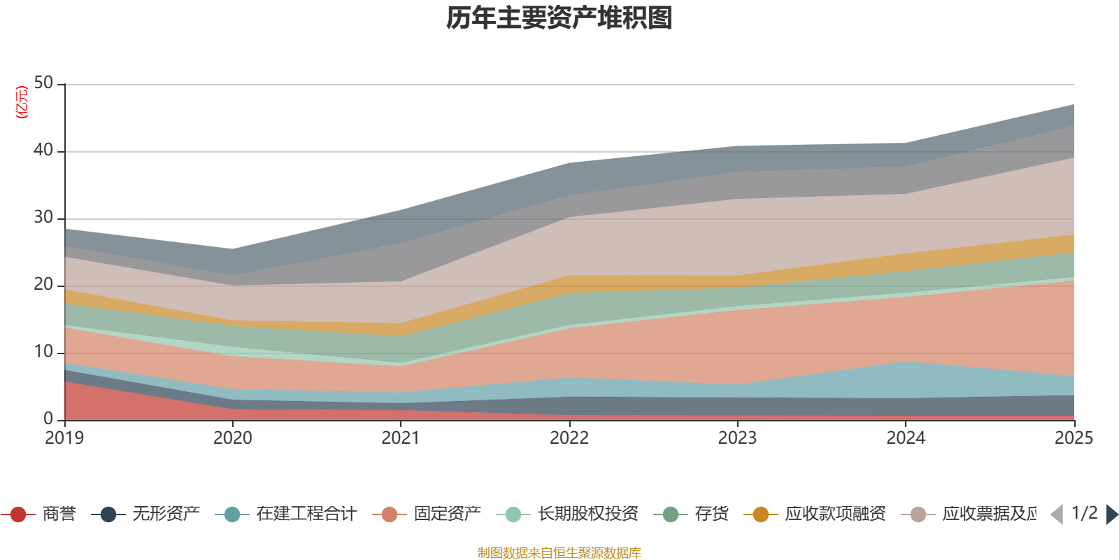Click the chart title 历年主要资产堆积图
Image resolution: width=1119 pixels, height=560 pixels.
pos(559,18)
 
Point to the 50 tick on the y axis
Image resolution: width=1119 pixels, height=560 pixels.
pos(43,83)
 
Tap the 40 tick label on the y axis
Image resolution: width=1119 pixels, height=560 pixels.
pos(43,150)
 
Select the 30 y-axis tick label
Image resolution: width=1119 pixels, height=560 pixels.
pos(43,218)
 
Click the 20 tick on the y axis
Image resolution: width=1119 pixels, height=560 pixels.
pos(43,285)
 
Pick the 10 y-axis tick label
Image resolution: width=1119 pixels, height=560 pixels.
pos(43,352)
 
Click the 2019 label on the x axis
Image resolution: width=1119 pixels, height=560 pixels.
pos(64,438)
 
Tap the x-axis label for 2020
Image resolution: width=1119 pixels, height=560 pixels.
pos(233,438)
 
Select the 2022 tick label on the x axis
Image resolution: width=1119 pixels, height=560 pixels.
pos(569,438)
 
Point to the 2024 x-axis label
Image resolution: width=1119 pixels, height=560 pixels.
pos(906,438)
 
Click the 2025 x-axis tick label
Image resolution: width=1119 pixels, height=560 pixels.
pos(1074,438)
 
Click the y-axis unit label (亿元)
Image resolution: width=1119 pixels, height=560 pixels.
pos(22,102)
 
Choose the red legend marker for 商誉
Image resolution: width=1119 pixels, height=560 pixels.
pos(18,514)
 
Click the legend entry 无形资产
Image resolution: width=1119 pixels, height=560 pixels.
pos(166,514)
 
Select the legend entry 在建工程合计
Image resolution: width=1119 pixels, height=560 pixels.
pos(306,514)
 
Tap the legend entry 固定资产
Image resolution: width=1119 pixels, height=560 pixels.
pos(447,514)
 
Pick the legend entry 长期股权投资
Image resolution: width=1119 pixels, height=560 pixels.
pos(587,514)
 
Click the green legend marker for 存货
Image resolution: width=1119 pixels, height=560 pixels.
pos(671,514)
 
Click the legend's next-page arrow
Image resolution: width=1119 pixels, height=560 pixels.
pos(1111,514)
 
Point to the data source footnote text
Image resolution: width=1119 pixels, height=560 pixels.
pos(559,553)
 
